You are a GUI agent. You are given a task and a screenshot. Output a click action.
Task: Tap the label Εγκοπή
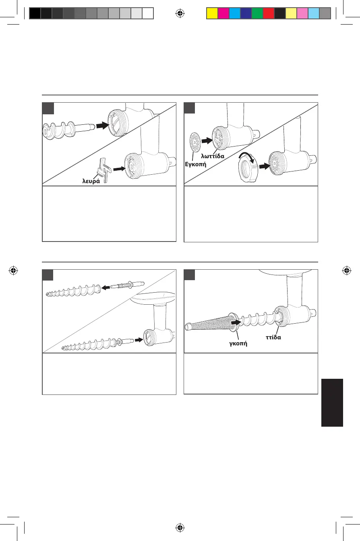(x=195, y=164)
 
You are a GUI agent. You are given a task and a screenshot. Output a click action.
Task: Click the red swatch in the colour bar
(x=268, y=14)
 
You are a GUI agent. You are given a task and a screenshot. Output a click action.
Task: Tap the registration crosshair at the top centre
(x=180, y=14)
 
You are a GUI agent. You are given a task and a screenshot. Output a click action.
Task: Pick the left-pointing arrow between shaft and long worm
(x=106, y=287)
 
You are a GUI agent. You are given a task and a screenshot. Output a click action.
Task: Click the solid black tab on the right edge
(x=332, y=402)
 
